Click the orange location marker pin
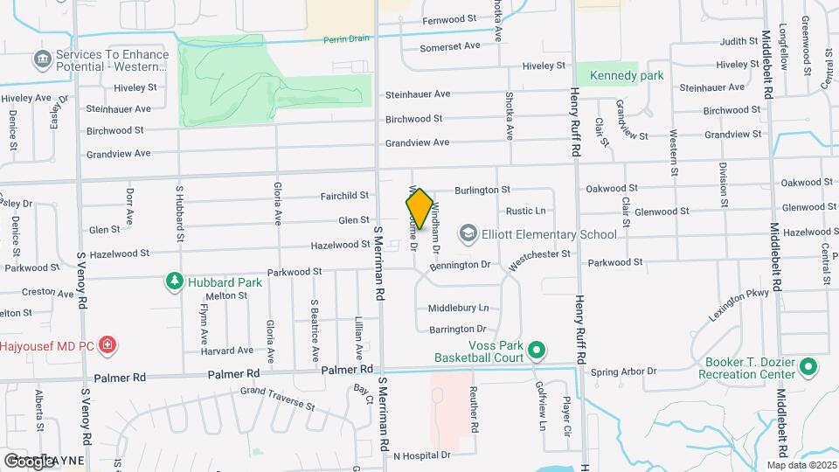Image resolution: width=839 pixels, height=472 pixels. click(419, 209)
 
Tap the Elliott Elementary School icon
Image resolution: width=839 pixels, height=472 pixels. click(468, 233)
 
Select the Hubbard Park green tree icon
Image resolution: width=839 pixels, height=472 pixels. click(175, 281)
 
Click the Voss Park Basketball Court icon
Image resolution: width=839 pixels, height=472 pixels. click(537, 351)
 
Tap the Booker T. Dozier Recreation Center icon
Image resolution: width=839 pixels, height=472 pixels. click(808, 367)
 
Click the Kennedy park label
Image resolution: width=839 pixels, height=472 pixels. click(627, 75)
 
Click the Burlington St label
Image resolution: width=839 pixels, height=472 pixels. click(482, 189)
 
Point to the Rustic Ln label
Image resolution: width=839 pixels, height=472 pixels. click(526, 211)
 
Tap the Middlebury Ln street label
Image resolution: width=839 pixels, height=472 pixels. click(458, 308)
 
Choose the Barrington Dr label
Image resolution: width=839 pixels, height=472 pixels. click(458, 329)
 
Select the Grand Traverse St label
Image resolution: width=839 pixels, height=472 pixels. click(277, 399)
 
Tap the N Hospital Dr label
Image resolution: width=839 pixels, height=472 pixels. click(422, 455)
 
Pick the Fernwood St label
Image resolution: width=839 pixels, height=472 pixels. click(449, 18)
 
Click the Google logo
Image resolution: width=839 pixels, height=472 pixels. click(30, 461)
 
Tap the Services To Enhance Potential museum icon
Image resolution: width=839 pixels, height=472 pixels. click(41, 59)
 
